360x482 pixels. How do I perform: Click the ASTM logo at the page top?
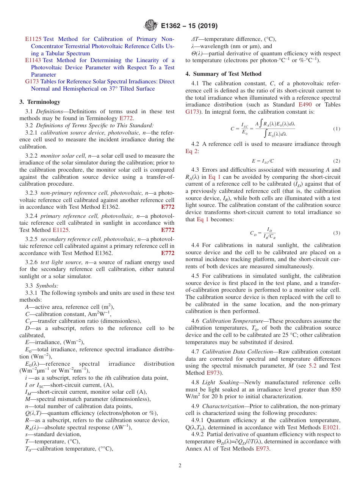[x=151, y=26]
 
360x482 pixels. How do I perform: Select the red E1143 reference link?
[x=33, y=60]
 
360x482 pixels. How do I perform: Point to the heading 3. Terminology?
[x=40, y=102]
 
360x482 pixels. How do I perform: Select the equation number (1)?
[x=337, y=129]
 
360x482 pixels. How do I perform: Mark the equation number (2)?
[x=337, y=161]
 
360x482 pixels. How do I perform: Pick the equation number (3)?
[x=337, y=232]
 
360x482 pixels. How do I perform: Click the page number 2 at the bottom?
[x=180, y=465]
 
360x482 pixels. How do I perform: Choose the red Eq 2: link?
[x=192, y=151]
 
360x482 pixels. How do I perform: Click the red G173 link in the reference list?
[x=32, y=81]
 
